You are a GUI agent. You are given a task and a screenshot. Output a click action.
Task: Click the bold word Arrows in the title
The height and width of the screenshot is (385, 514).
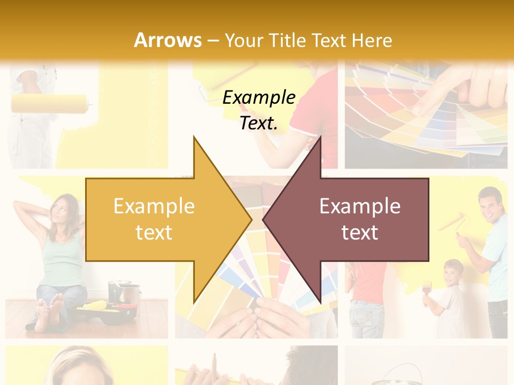point(168,40)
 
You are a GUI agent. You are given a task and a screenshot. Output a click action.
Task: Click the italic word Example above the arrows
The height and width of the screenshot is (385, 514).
point(259,97)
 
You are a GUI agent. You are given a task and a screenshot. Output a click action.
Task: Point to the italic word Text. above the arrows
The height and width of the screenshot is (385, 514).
point(259,123)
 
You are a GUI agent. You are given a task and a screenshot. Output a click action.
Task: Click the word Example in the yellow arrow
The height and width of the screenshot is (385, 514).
point(154,206)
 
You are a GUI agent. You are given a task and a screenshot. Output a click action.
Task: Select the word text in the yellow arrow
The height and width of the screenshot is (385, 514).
point(154,233)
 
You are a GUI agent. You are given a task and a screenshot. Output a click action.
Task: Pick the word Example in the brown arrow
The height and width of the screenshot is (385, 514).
point(360,206)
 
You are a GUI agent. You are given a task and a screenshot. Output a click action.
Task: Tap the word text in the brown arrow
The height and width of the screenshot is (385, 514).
point(360,233)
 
